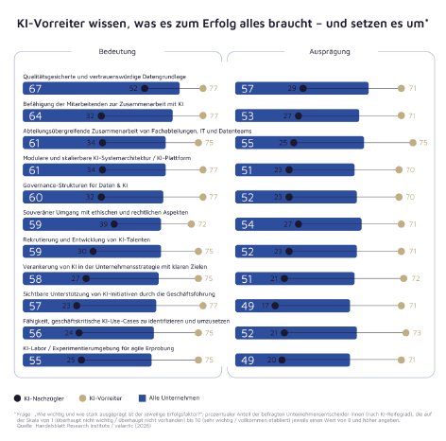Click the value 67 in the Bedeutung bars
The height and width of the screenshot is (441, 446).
click(x=35, y=88)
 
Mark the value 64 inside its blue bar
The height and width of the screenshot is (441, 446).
click(x=35, y=115)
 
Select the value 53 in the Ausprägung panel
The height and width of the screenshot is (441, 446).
click(x=248, y=115)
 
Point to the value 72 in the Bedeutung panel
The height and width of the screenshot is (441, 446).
click(x=201, y=225)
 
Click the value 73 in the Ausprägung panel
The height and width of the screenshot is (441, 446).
click(x=416, y=334)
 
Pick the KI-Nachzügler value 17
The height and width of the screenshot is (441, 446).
click(x=265, y=307)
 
